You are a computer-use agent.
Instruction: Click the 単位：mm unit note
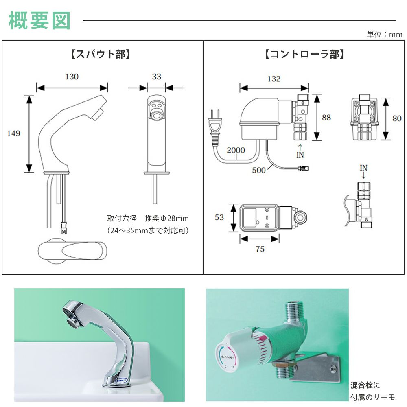(x=384, y=35)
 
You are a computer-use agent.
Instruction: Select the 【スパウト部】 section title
(x=98, y=54)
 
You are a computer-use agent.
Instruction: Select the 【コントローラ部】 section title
(x=304, y=54)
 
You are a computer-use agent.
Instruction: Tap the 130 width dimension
(x=72, y=77)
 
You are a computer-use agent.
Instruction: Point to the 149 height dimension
(x=13, y=133)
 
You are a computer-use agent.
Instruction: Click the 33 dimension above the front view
(x=156, y=77)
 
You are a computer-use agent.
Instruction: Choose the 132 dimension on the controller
(x=274, y=79)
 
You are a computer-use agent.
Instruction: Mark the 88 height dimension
(x=326, y=118)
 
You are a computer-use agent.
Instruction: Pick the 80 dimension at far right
(x=396, y=119)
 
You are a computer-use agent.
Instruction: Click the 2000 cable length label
(x=236, y=150)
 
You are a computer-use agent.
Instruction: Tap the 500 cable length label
(x=258, y=170)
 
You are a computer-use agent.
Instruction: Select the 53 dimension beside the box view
(x=219, y=217)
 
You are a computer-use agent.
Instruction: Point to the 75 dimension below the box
(x=260, y=249)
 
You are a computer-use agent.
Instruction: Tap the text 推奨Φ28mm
(x=167, y=219)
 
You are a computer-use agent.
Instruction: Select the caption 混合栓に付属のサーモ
(x=372, y=391)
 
